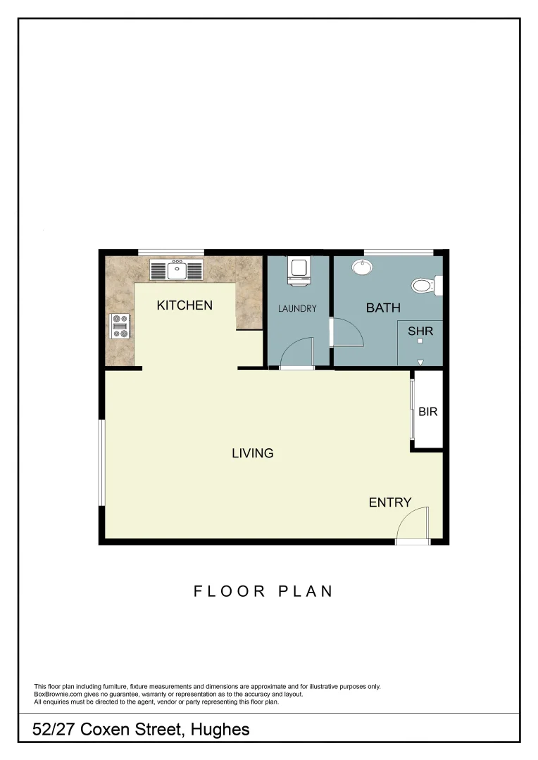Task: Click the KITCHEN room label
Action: (x=184, y=305)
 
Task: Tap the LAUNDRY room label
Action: (x=297, y=308)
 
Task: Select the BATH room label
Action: (x=383, y=308)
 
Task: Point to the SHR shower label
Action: (x=420, y=330)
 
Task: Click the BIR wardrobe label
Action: (x=428, y=411)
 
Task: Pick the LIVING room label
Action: (x=253, y=453)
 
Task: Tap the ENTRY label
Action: (x=390, y=502)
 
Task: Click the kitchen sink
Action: (x=176, y=269)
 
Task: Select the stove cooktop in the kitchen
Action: (x=120, y=326)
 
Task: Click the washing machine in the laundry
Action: (x=299, y=270)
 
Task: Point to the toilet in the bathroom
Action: (x=425, y=286)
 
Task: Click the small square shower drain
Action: (x=420, y=341)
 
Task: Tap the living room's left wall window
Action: (x=102, y=462)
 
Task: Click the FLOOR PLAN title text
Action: (x=263, y=591)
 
